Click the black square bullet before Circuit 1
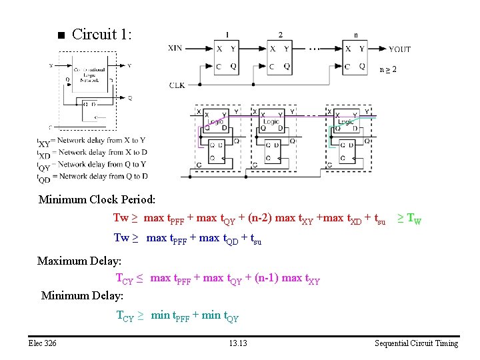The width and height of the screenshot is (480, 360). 59,36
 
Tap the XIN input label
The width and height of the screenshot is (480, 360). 176,49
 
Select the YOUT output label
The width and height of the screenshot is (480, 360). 399,49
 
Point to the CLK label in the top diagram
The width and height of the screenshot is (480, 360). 177,85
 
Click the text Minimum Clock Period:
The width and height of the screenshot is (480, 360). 97,199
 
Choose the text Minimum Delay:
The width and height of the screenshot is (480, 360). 82,295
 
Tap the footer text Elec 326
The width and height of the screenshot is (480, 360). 43,343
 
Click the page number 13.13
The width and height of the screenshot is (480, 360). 237,343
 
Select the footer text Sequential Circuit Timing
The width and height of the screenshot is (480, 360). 416,343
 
